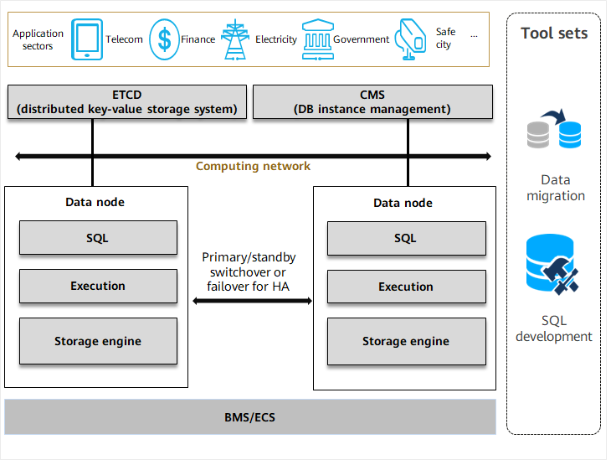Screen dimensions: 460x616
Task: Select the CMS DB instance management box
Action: click(x=372, y=101)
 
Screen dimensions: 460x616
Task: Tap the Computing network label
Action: click(x=253, y=166)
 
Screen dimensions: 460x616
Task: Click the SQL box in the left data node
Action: click(x=98, y=238)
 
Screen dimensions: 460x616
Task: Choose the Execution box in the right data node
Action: click(x=406, y=287)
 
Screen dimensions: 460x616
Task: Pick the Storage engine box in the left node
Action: click(x=98, y=341)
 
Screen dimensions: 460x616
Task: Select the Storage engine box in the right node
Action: click(x=406, y=341)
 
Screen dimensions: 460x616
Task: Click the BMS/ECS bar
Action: click(x=250, y=416)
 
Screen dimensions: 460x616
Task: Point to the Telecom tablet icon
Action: click(x=87, y=39)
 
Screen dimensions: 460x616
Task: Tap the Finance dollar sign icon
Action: click(x=164, y=39)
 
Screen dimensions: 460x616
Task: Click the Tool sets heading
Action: click(x=554, y=34)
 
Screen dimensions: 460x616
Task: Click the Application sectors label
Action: click(x=38, y=39)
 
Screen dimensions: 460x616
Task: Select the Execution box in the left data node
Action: click(x=98, y=287)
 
